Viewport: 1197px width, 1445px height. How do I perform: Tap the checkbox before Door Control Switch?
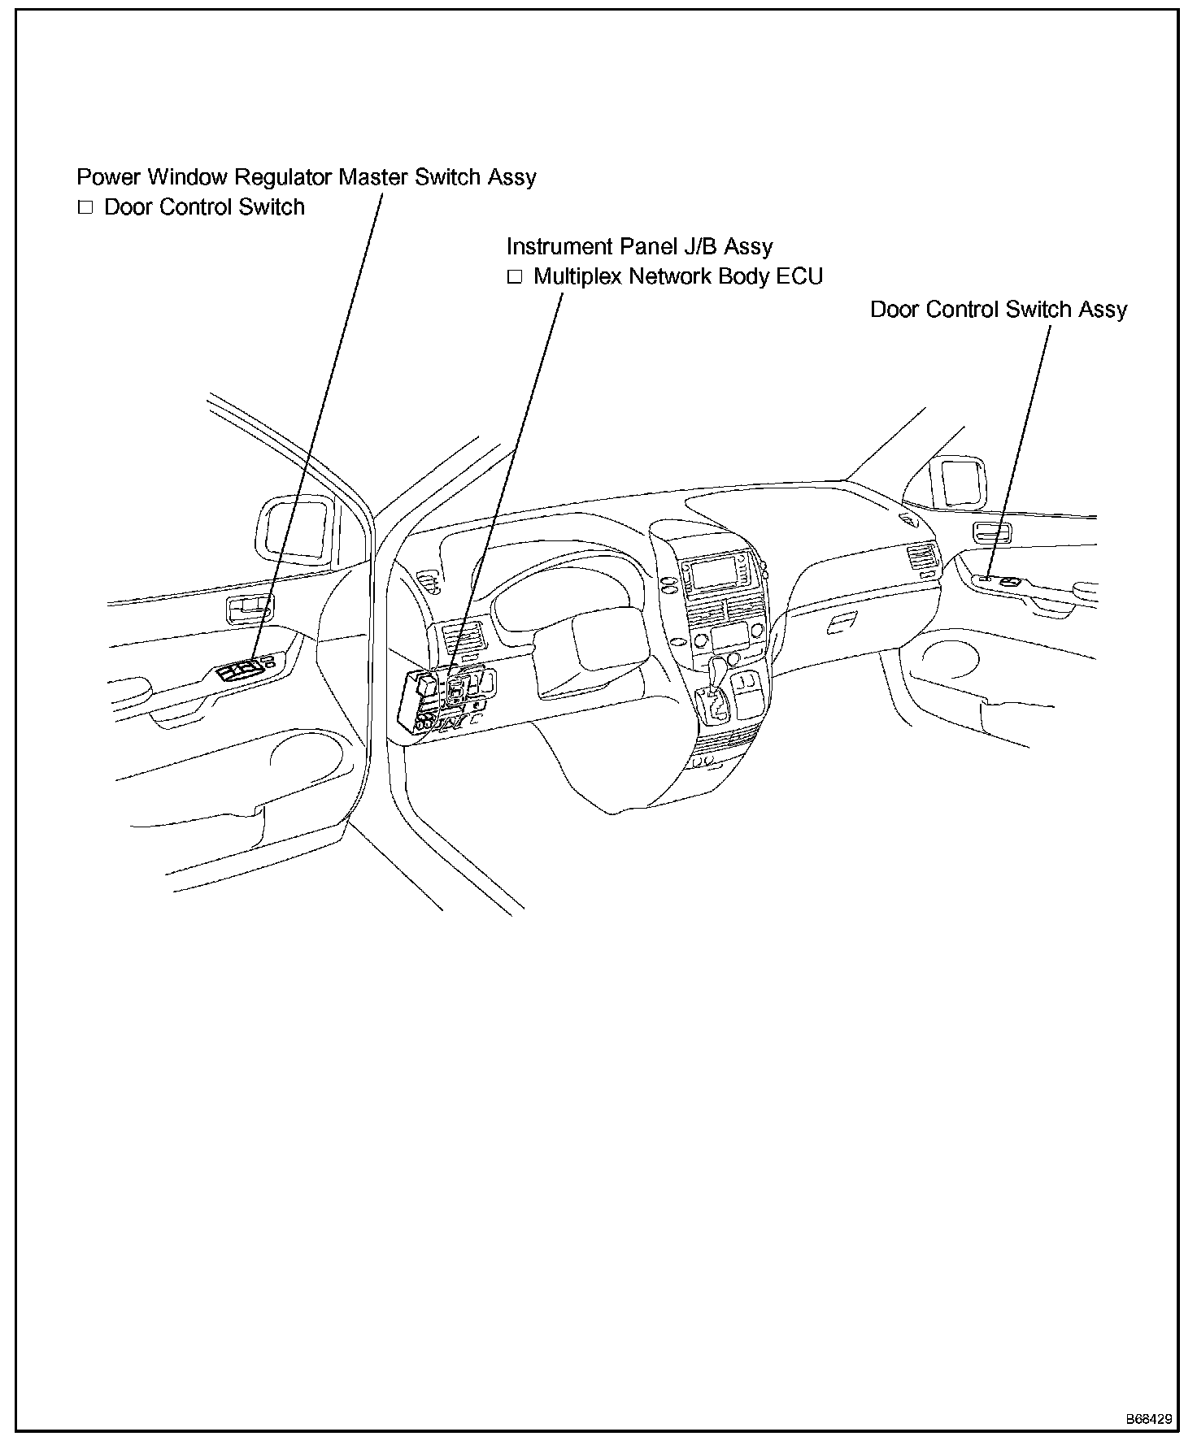(x=85, y=207)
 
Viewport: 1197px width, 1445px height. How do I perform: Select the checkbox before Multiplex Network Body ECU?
(x=514, y=277)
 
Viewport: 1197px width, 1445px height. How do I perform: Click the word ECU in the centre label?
(x=799, y=276)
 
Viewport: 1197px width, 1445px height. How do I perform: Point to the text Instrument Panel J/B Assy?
(x=639, y=246)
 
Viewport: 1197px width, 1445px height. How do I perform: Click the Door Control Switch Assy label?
(x=999, y=310)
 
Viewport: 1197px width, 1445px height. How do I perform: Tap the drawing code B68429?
(x=1148, y=1419)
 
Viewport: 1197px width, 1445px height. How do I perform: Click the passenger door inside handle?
(x=992, y=533)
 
